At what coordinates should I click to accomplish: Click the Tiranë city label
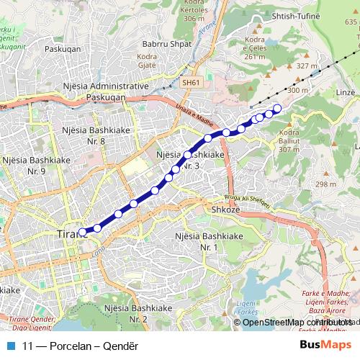click(x=69, y=234)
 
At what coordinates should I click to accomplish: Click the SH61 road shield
click(x=191, y=83)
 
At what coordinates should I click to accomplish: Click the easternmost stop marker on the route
click(x=277, y=108)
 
